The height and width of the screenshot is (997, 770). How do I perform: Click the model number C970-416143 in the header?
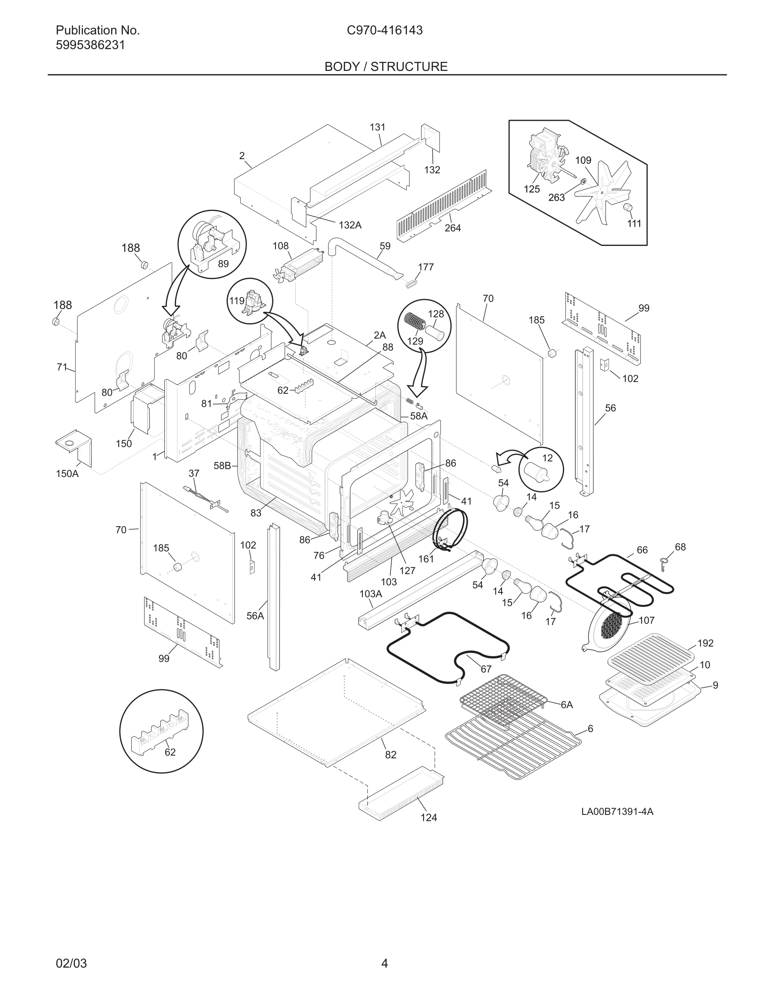click(x=385, y=31)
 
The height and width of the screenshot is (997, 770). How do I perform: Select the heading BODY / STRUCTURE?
click(x=386, y=67)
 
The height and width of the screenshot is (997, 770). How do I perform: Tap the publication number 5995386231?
click(x=90, y=45)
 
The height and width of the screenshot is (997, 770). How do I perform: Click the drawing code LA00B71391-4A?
click(x=617, y=811)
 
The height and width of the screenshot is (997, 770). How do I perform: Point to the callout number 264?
click(x=453, y=228)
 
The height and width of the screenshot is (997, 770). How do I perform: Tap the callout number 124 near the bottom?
click(x=428, y=817)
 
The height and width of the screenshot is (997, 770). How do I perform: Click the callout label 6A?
click(x=567, y=705)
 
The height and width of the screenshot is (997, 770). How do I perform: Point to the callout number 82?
click(x=390, y=754)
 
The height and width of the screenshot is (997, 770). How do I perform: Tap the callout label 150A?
click(x=67, y=474)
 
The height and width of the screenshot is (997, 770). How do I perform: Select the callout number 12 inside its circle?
click(x=547, y=458)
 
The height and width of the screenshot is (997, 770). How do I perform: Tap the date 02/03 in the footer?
click(x=71, y=964)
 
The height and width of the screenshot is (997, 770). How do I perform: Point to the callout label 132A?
click(x=350, y=225)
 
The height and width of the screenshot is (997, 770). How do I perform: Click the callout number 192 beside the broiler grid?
click(x=705, y=643)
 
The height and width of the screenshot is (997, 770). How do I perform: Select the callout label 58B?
click(x=222, y=466)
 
